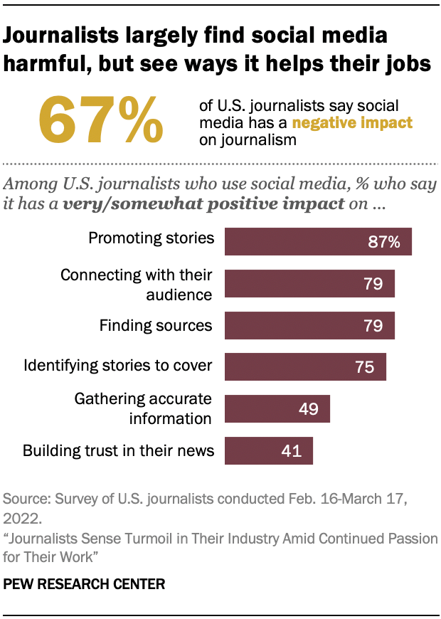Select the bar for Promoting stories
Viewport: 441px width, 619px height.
(318, 241)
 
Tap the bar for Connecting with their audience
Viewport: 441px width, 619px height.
(309, 283)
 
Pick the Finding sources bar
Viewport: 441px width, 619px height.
(309, 325)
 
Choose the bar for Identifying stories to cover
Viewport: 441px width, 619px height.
(305, 367)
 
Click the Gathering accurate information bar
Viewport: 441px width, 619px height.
(277, 409)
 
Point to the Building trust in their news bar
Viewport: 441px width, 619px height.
(269, 451)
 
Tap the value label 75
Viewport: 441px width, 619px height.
(365, 368)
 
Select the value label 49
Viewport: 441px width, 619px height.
(309, 410)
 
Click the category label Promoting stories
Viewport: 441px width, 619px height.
(151, 238)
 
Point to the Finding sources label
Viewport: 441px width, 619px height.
(156, 325)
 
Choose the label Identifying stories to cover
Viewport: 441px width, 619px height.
(118, 366)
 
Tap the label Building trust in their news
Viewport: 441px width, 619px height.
(118, 450)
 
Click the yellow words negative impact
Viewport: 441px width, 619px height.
(352, 123)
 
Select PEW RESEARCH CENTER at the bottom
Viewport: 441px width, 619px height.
(85, 585)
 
